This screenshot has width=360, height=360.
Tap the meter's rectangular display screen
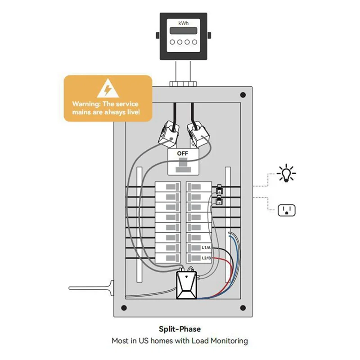point(183,31)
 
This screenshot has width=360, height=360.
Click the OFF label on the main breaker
point(183,153)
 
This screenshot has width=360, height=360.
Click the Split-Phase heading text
point(180,329)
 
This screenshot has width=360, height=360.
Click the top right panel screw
point(243,95)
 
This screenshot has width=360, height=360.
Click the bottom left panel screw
point(123,308)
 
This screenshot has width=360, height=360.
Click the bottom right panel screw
point(243,308)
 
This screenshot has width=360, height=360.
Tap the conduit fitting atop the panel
point(183,83)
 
